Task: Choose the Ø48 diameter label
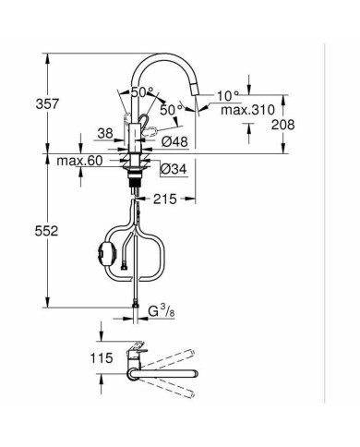click(x=175, y=141)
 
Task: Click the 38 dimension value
click(x=106, y=132)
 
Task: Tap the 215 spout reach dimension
click(x=166, y=198)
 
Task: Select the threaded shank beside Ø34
click(x=137, y=174)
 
